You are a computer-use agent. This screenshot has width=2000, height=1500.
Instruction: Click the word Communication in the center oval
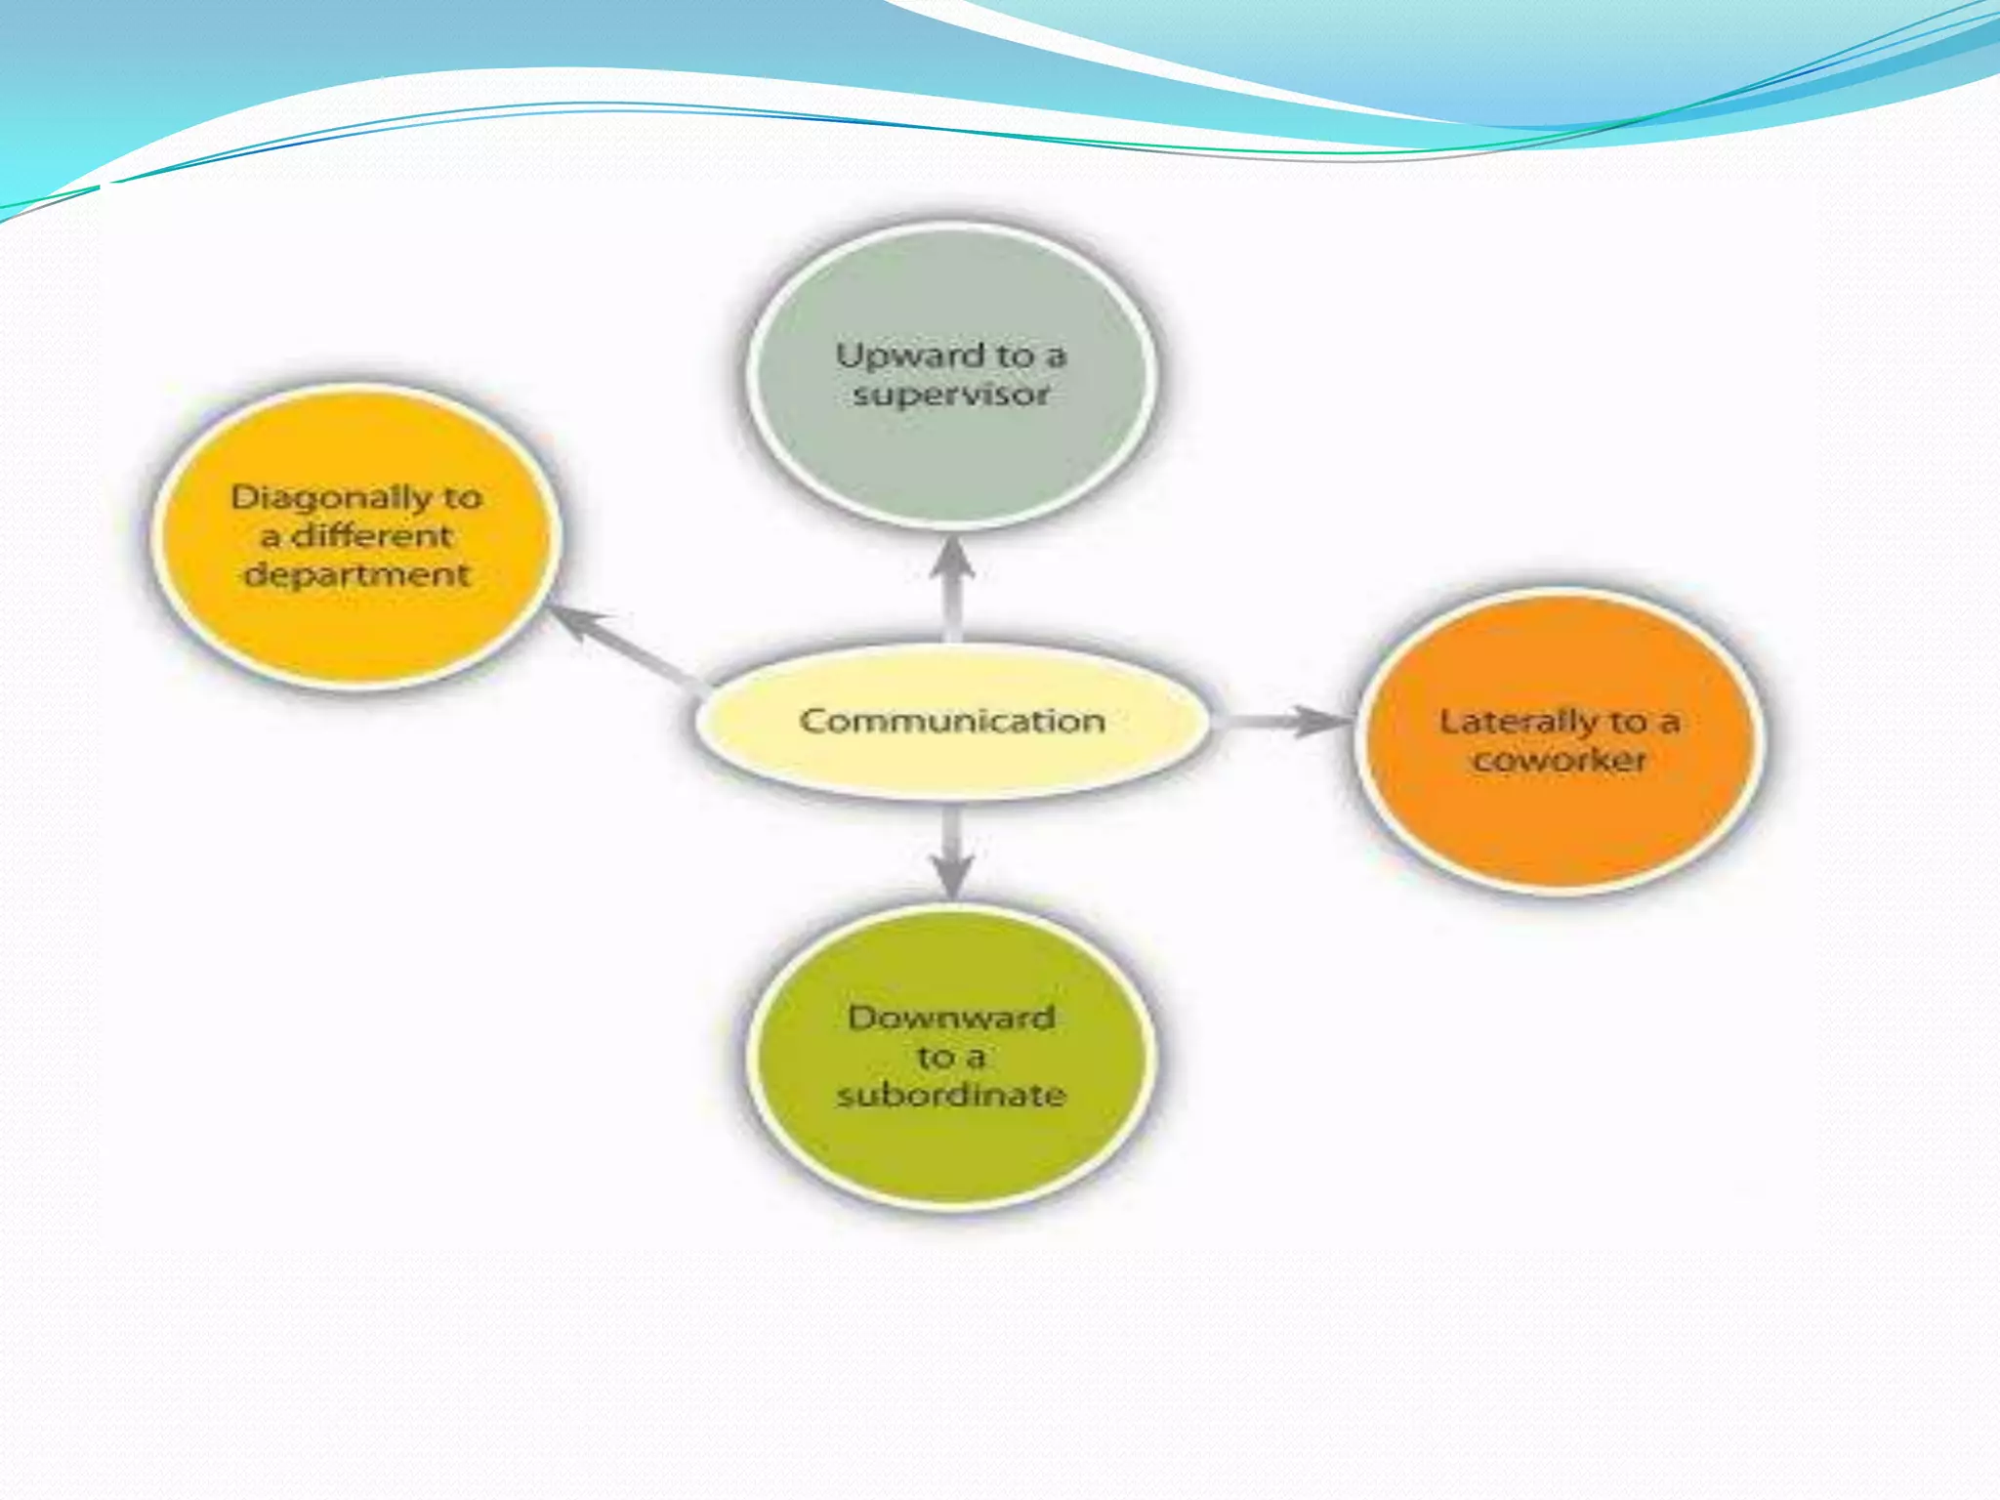click(952, 721)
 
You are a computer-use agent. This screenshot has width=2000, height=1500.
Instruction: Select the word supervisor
click(951, 395)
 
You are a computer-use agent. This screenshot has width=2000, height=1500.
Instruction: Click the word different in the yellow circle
click(372, 536)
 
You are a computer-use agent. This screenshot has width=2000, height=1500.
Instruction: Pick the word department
click(357, 574)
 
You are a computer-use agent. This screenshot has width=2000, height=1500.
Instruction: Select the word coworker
click(1560, 760)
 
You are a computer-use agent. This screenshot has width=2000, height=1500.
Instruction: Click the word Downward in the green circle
click(951, 1018)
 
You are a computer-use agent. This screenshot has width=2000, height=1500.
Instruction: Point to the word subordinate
click(951, 1095)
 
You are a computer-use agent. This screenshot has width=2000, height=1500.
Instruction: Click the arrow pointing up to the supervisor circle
click(952, 586)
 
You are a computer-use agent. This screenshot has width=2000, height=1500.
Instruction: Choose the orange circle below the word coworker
click(1560, 830)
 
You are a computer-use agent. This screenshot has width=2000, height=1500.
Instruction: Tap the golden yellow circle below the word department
click(357, 635)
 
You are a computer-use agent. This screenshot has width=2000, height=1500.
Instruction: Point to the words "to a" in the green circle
click(951, 1057)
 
